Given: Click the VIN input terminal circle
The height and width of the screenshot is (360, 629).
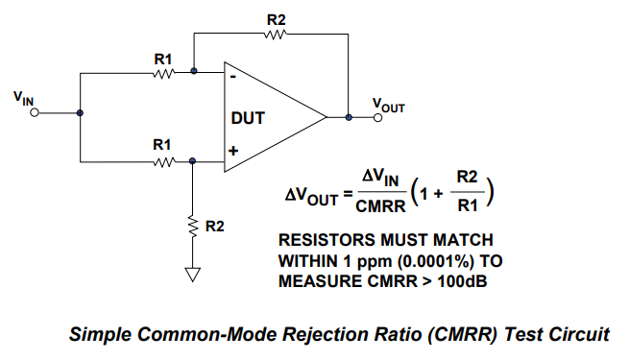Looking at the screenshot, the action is pyautogui.click(x=35, y=113).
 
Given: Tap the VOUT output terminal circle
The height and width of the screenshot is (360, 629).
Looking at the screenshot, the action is pyautogui.click(x=377, y=117).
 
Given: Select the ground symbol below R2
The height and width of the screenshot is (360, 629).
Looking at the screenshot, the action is pyautogui.click(x=193, y=275).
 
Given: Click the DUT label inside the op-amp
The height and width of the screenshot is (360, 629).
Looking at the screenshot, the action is pyautogui.click(x=248, y=118).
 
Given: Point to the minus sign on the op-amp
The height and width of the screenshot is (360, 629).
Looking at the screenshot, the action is pyautogui.click(x=233, y=77).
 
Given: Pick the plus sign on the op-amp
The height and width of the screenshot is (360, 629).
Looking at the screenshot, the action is pyautogui.click(x=233, y=151).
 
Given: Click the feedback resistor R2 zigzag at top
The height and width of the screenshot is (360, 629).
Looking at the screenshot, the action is pyautogui.click(x=276, y=35).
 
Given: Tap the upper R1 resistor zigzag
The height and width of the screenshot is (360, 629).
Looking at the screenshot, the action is pyautogui.click(x=163, y=74).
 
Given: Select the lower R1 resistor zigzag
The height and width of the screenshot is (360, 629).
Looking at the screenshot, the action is pyautogui.click(x=163, y=162).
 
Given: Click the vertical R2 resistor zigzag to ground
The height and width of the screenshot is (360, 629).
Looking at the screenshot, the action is pyautogui.click(x=193, y=228).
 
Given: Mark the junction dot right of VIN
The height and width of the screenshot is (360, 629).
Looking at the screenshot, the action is pyautogui.click(x=80, y=113).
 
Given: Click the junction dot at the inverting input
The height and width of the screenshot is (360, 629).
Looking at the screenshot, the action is pyautogui.click(x=194, y=71).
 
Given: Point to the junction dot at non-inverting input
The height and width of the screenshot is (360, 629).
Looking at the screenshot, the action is pyautogui.click(x=193, y=161).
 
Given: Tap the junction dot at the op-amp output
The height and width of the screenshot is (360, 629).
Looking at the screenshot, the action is pyautogui.click(x=349, y=117).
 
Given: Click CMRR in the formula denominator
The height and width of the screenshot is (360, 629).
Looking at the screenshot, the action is pyautogui.click(x=380, y=206).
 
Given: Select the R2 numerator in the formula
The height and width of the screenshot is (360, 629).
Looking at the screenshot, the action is pyautogui.click(x=468, y=177).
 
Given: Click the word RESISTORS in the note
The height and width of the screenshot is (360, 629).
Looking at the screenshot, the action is pyautogui.click(x=327, y=240).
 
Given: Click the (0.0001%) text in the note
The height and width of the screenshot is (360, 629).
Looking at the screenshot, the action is pyautogui.click(x=436, y=261).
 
